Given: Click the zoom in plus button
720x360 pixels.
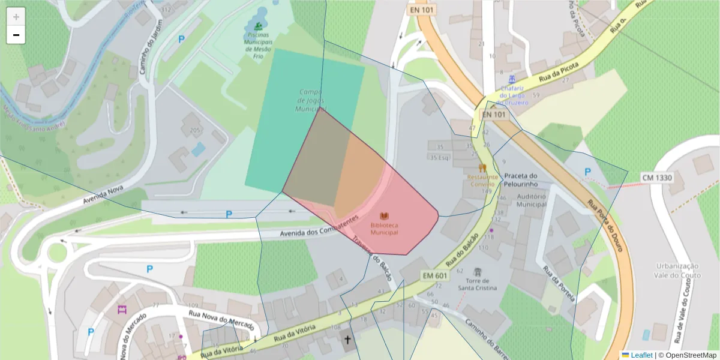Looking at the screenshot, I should click(16, 17).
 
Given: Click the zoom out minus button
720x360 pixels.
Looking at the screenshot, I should click(16, 35).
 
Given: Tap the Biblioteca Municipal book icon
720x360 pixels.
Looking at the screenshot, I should click(384, 215).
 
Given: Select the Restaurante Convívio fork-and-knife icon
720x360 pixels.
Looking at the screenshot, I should click(481, 167).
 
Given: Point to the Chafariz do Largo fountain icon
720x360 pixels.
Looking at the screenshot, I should click(511, 79).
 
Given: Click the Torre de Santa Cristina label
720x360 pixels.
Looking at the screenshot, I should click(478, 284).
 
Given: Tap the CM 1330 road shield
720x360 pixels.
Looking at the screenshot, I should click(657, 178).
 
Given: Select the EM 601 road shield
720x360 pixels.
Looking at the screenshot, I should click(435, 275).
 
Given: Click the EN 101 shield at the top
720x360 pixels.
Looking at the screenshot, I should click(423, 10).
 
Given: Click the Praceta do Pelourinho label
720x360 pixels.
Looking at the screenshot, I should click(528, 180).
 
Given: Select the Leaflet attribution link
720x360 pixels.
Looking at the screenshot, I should click(641, 355).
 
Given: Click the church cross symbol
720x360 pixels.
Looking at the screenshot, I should click(347, 341).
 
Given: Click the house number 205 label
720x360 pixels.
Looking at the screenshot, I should click(195, 130).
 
